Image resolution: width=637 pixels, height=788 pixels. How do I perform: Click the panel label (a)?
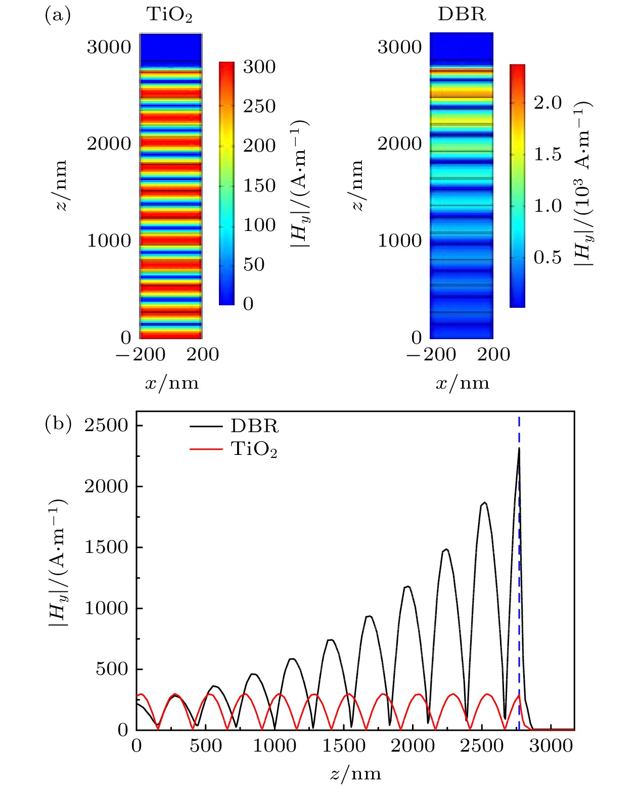(58, 15)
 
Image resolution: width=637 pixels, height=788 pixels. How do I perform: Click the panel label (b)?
(58, 423)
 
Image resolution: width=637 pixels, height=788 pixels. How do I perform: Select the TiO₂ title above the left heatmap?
(170, 15)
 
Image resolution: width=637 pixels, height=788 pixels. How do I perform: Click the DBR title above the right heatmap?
(462, 14)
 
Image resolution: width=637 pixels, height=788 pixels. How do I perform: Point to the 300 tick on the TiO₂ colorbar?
(259, 67)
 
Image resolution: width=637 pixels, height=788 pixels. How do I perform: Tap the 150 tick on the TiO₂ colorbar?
(259, 186)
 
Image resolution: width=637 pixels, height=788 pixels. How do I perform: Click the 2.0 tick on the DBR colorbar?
(548, 103)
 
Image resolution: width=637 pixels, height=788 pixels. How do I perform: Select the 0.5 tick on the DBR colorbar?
(548, 257)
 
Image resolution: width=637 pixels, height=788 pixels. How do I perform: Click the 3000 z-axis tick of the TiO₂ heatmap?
(109, 47)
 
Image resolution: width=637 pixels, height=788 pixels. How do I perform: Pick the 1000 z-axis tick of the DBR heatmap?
(400, 241)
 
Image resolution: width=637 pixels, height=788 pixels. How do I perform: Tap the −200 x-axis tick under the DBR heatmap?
(431, 354)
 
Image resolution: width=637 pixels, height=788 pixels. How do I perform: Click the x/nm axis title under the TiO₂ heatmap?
(172, 383)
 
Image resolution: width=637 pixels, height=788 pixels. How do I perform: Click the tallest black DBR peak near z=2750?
(519, 449)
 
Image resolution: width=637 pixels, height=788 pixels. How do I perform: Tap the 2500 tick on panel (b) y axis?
(107, 426)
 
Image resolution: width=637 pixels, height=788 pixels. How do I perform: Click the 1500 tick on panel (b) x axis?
(344, 746)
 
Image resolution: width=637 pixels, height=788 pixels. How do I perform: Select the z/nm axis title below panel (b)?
(355, 773)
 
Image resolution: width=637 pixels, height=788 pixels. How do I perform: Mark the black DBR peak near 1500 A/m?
(446, 549)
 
